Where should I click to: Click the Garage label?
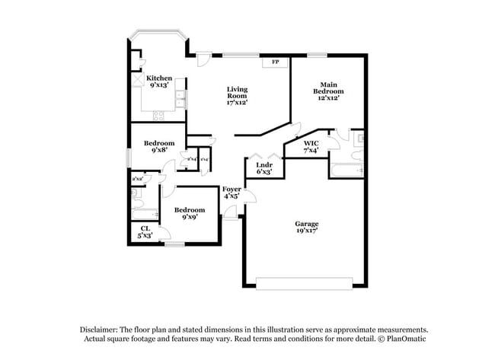click(307, 223)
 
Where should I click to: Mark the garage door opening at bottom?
click(305, 283)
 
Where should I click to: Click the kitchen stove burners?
click(159, 116)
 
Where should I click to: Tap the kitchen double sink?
click(180, 100)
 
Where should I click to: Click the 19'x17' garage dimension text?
click(307, 231)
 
